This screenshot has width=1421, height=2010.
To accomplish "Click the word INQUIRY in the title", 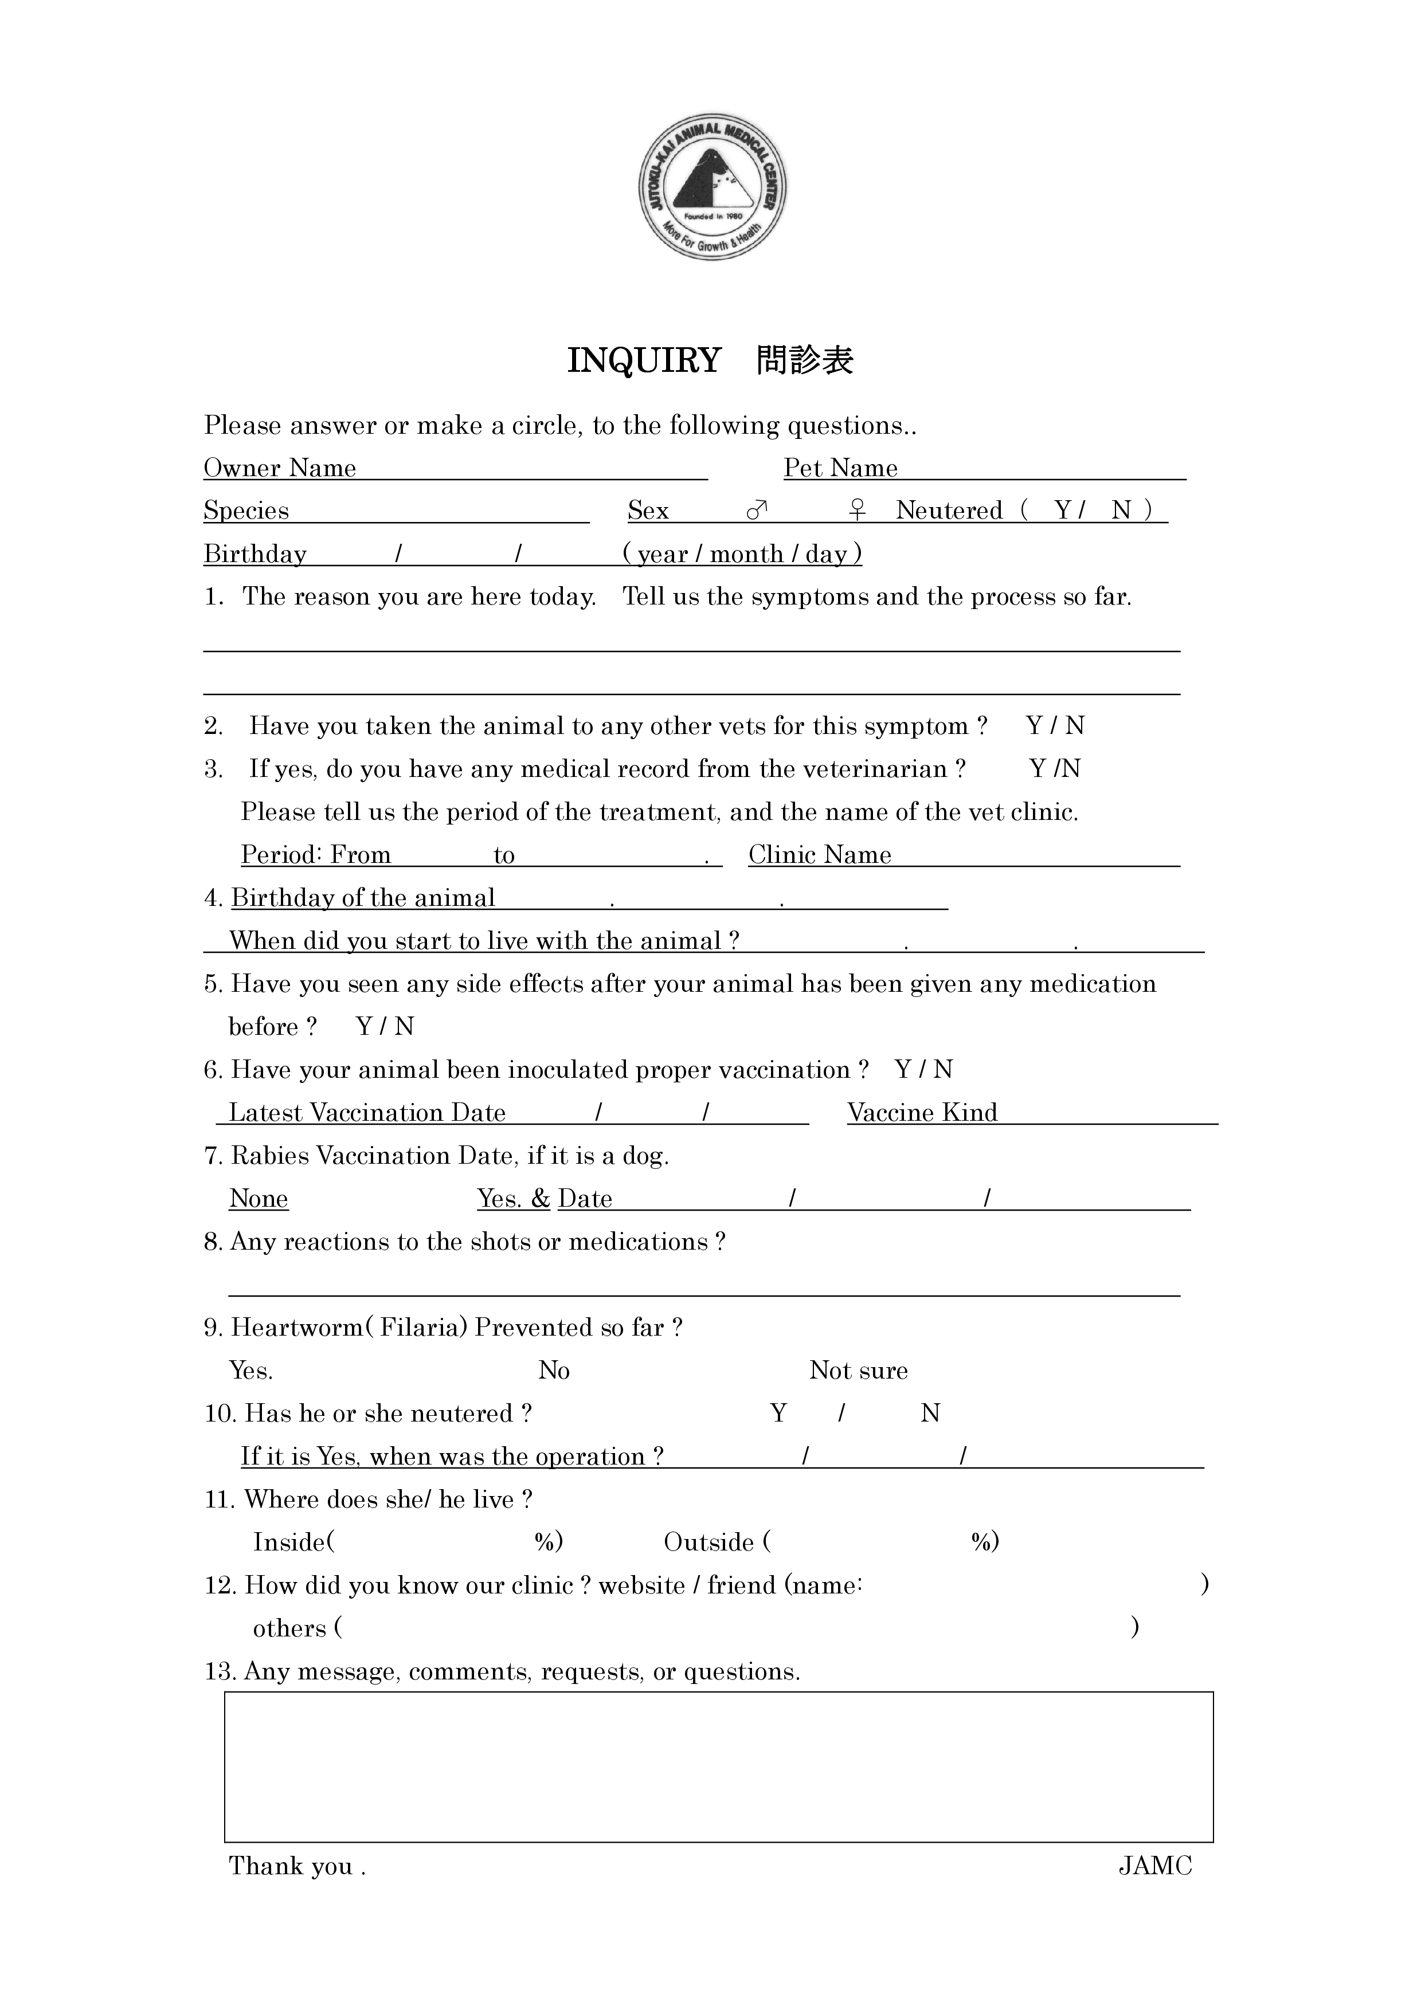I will (644, 360).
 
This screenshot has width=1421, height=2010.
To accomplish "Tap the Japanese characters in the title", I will (805, 360).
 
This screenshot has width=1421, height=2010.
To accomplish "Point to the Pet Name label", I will (840, 468).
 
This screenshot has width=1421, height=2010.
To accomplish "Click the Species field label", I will (246, 511).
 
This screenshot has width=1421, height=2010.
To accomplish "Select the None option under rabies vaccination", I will (259, 1199).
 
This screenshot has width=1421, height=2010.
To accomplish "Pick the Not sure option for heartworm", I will (858, 1370).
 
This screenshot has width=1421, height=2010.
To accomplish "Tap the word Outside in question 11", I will (708, 1542).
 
